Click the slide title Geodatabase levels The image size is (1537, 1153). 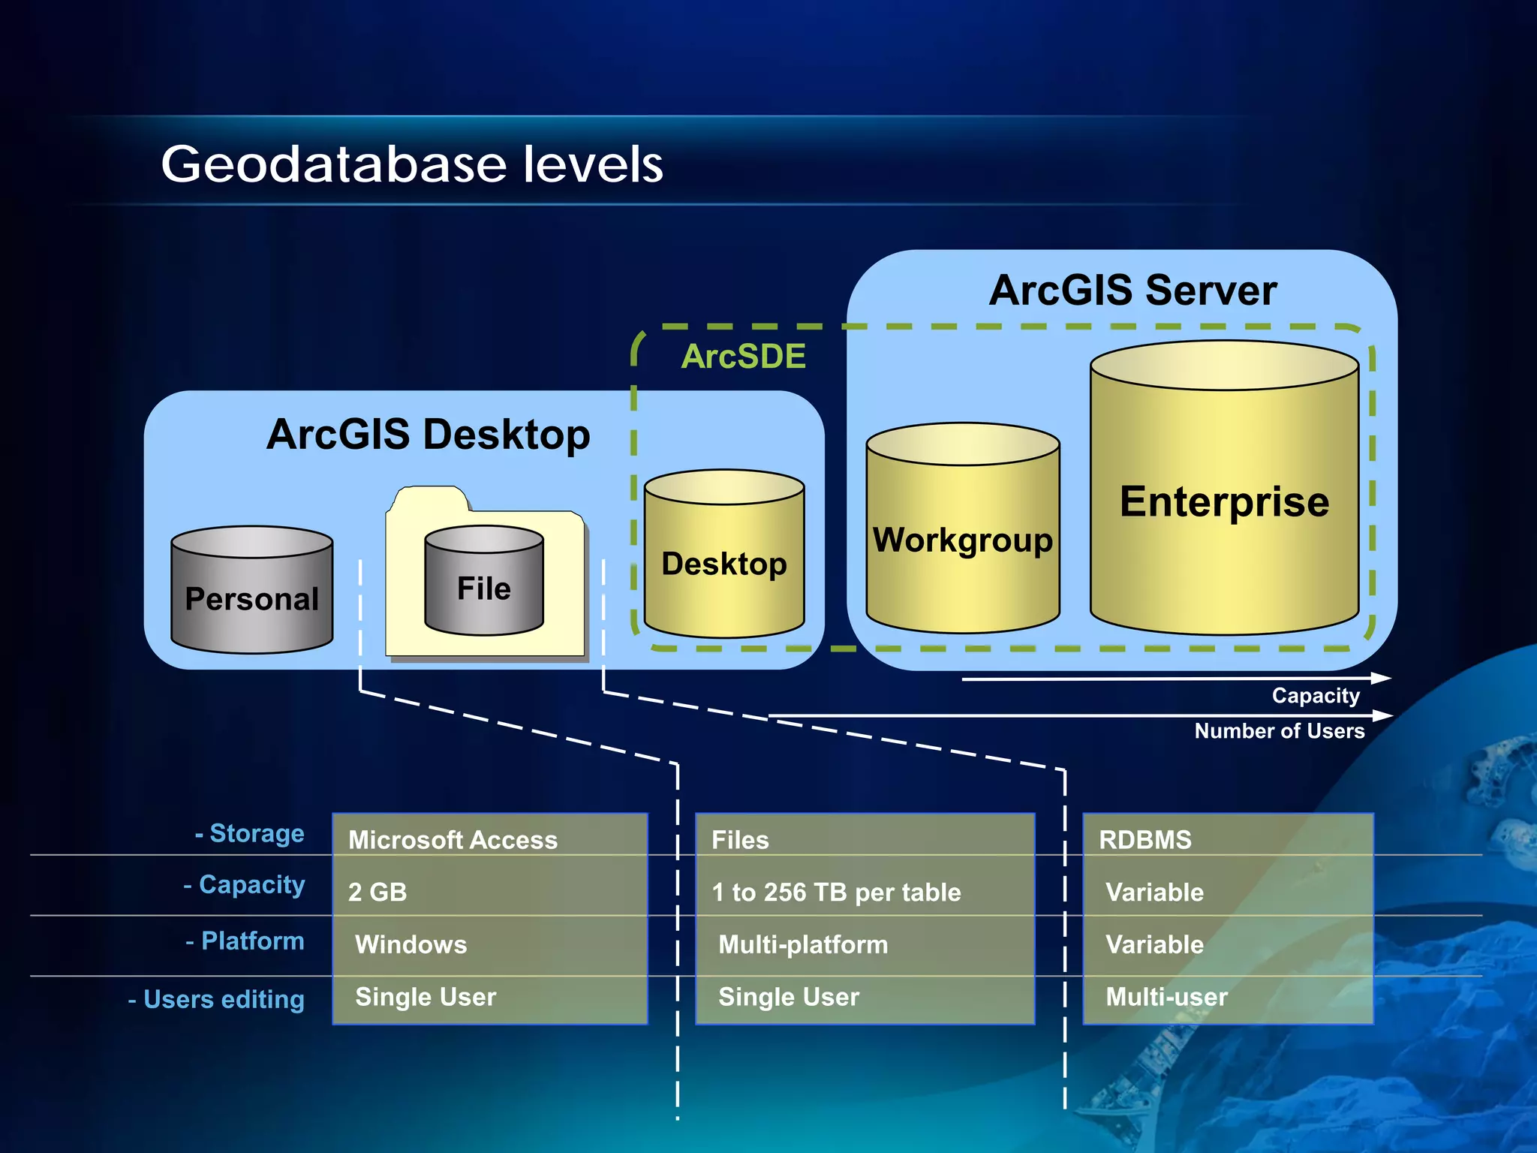coord(412,164)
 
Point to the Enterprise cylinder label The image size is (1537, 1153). coord(1224,501)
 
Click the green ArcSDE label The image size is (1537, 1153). coord(743,356)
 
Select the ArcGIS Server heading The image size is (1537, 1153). coord(1132,291)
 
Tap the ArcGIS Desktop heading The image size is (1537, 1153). coord(428,434)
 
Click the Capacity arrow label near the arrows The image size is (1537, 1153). coord(1315,696)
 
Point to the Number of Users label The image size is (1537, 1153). coord(1279,731)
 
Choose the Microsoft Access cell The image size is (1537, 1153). coord(453,840)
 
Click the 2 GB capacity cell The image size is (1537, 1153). coord(377,892)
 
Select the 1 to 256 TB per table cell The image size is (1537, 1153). coord(836,892)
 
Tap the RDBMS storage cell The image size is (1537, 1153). coord(1144,840)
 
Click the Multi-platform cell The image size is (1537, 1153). coord(803,944)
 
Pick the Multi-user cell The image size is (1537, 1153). coord(1166,997)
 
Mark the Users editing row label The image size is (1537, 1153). coord(216,999)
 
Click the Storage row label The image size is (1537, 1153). coord(250,833)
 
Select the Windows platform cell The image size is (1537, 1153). coord(411,944)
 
